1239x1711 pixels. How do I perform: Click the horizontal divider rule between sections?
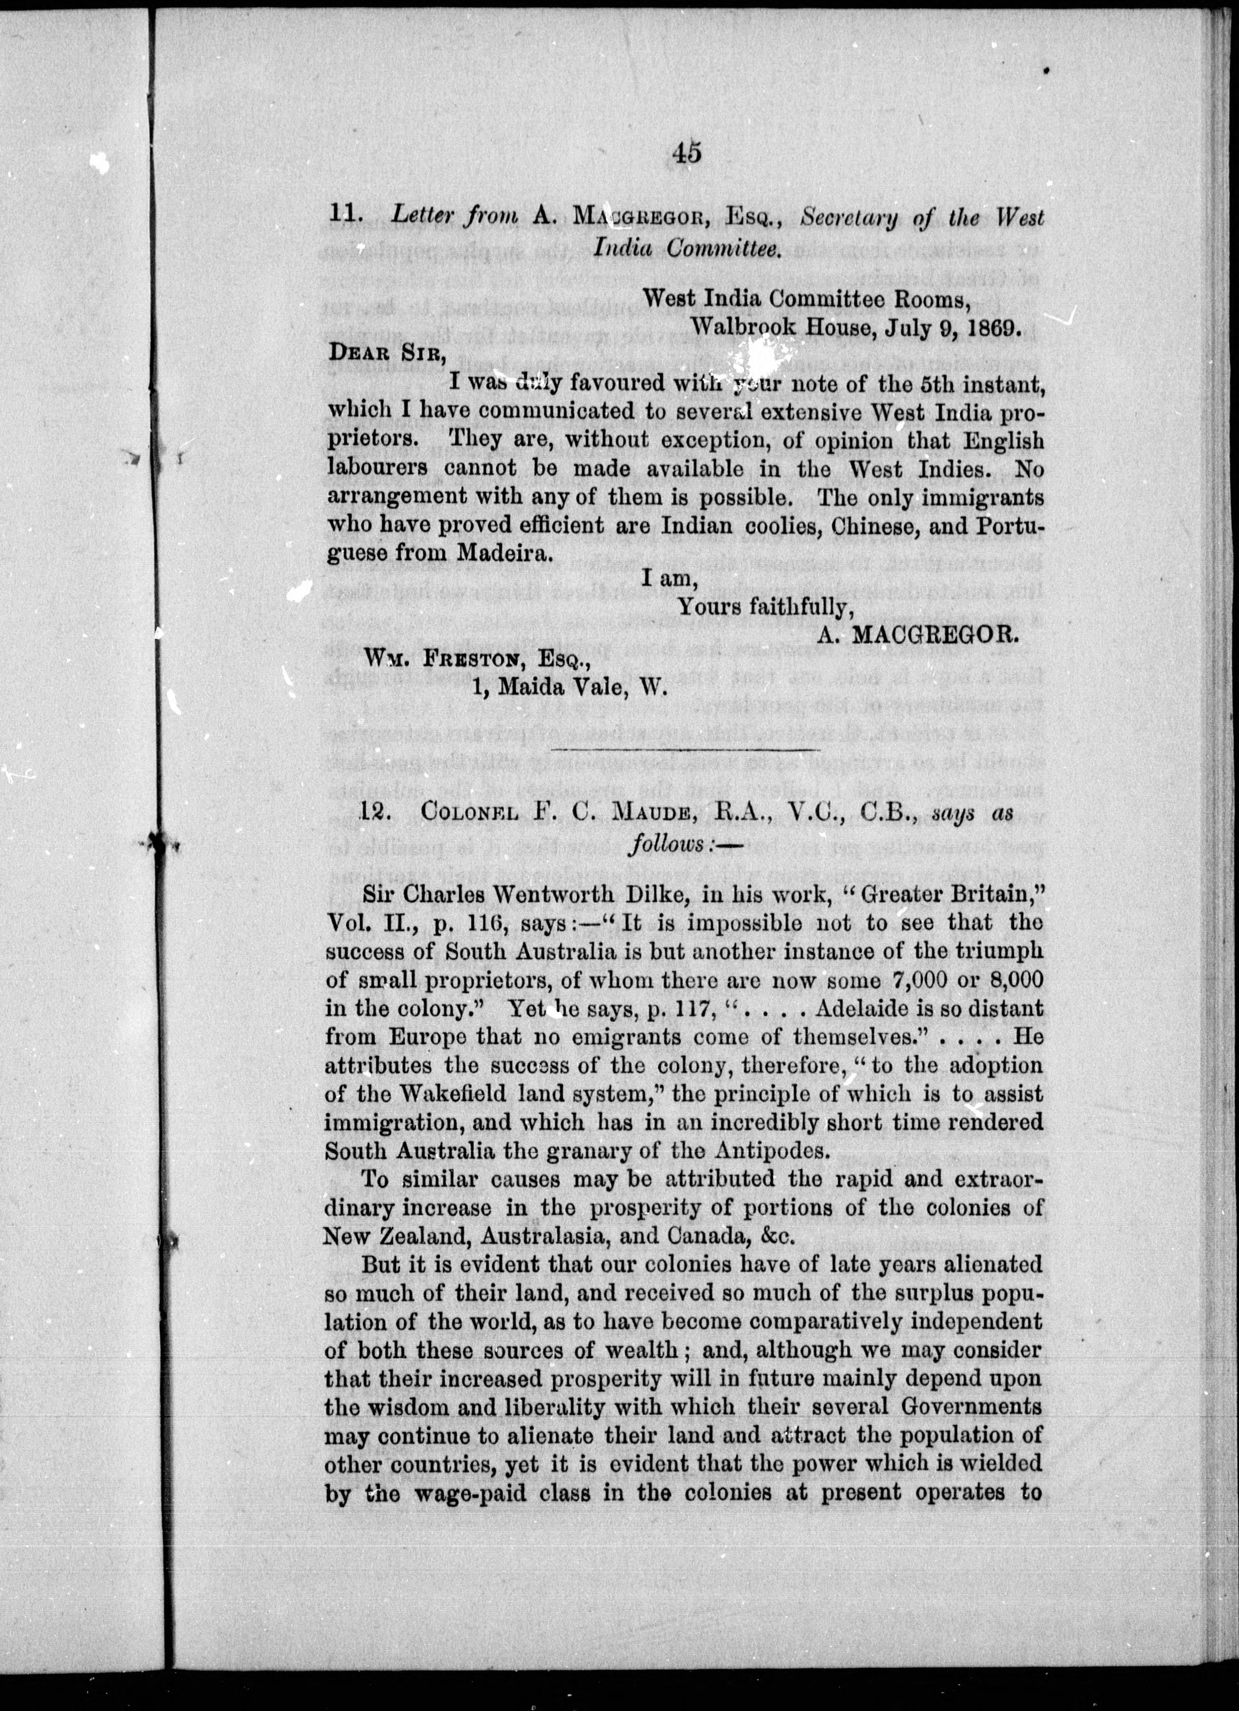coord(687,749)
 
